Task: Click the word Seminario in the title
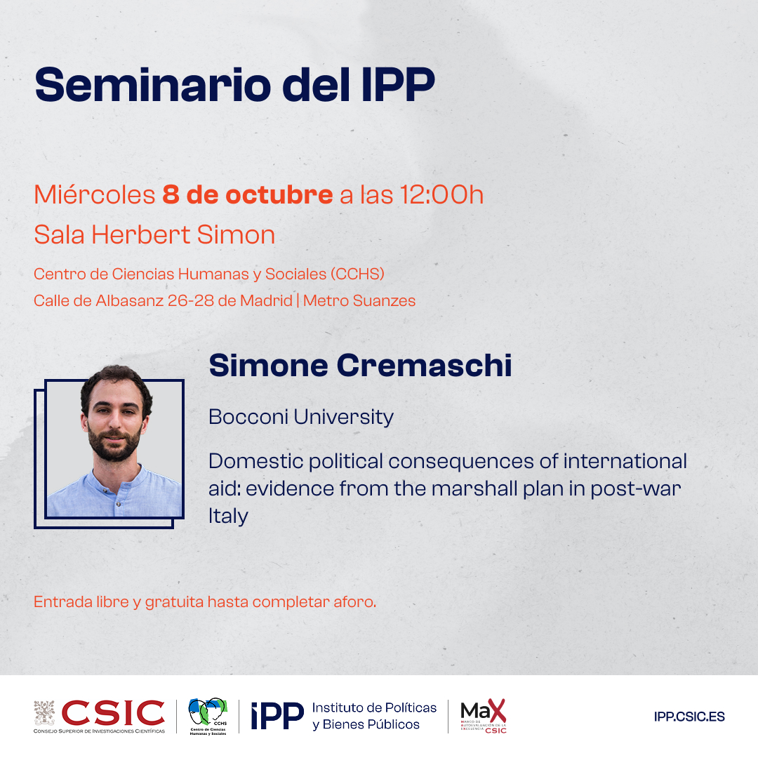tap(152, 84)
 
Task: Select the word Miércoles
tap(94, 194)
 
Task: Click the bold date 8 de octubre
tap(247, 194)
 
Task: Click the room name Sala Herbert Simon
tap(154, 234)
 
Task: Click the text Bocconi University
tap(301, 417)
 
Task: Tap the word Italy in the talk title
tap(228, 516)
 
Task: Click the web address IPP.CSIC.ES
tap(689, 717)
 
